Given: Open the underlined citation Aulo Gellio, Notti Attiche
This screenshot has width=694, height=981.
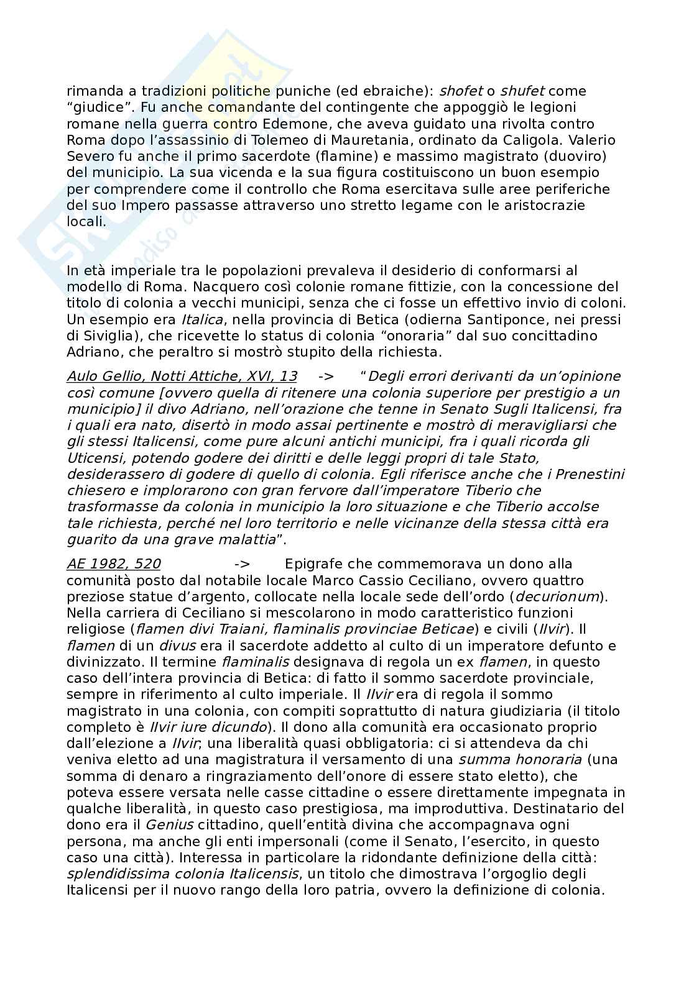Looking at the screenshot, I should [182, 376].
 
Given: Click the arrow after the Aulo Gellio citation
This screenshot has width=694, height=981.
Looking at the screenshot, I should [326, 376].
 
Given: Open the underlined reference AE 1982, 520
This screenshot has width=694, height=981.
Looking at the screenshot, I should [113, 564].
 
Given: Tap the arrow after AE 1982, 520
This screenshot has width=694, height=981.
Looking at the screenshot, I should [243, 564].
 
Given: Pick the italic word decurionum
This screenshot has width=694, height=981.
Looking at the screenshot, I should [557, 597].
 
